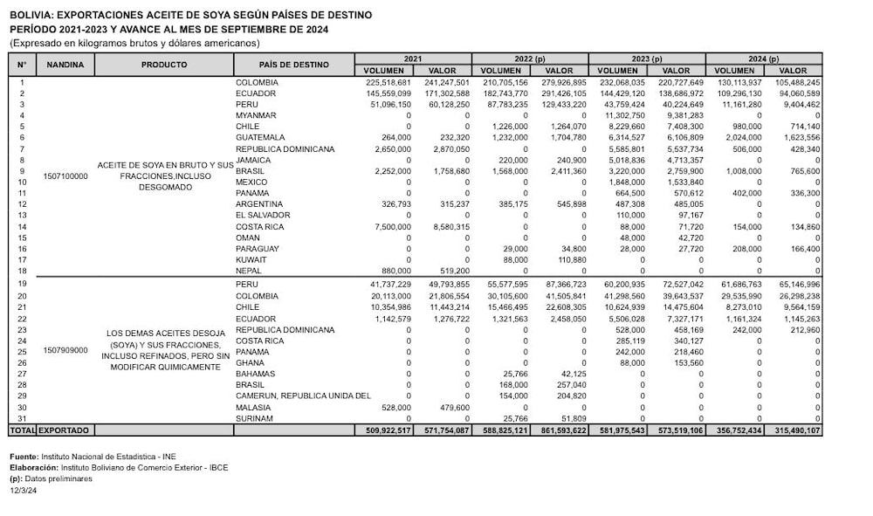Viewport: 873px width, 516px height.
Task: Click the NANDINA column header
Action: tap(65, 65)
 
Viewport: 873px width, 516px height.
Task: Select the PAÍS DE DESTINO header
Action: tap(293, 65)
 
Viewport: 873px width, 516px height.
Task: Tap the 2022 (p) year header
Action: tap(530, 58)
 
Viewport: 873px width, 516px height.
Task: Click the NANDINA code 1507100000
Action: tap(65, 175)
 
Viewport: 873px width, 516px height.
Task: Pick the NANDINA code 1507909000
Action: tap(65, 350)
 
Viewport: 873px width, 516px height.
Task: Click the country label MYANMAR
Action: tap(256, 115)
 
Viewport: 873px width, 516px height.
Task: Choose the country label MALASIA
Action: tap(252, 407)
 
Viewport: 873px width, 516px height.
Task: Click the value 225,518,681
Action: tap(385, 82)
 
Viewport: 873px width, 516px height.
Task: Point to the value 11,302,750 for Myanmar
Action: tap(620, 115)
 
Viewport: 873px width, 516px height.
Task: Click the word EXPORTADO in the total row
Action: tap(69, 430)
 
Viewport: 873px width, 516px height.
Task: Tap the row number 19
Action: tap(22, 285)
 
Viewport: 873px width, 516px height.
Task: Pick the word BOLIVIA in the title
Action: tap(31, 15)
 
